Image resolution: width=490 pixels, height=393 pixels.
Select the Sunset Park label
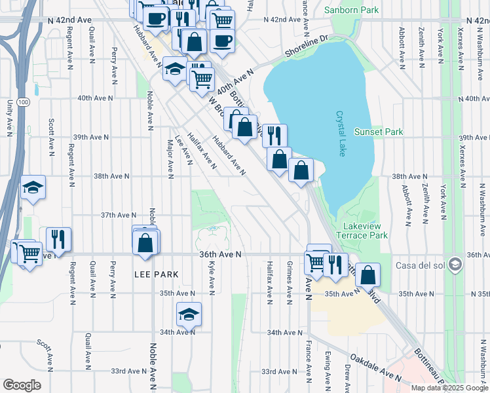[x=378, y=132]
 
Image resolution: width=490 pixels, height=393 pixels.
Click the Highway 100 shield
[x=24, y=102]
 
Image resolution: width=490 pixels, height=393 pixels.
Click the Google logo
[x=22, y=385]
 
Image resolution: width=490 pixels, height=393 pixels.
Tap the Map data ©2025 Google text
[x=449, y=388]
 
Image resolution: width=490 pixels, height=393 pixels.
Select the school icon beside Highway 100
[x=33, y=188]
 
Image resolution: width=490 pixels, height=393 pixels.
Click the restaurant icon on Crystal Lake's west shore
[x=274, y=136]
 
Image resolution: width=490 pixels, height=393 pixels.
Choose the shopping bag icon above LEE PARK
[x=145, y=243]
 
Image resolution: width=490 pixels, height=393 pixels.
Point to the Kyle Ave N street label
[x=211, y=276]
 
